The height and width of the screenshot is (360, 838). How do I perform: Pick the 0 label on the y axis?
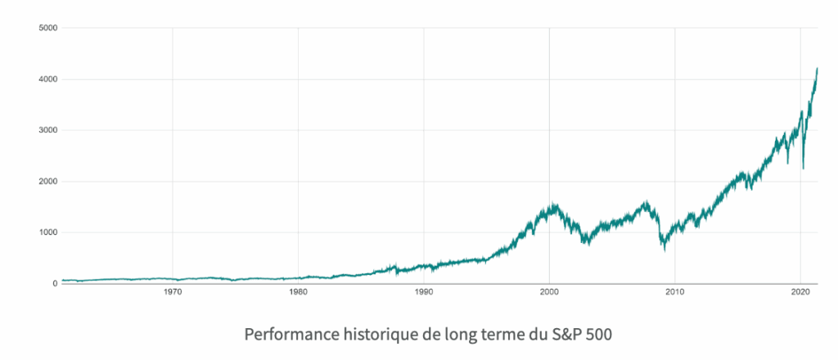coord(54,284)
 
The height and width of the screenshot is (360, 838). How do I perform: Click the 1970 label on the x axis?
coord(172,291)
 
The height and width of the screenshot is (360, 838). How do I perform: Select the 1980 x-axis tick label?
coord(298,291)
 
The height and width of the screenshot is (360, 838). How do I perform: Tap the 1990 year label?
coord(424,291)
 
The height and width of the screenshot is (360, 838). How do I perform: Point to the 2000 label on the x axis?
coord(550,291)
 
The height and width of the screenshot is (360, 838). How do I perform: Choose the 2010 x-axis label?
coord(675,291)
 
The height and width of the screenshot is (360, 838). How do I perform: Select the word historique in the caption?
coord(373,335)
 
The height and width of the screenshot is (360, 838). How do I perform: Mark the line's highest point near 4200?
coord(818,69)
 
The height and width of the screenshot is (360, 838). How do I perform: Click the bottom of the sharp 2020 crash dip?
coord(804,169)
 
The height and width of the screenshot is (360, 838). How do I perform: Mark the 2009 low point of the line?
coord(665,249)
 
